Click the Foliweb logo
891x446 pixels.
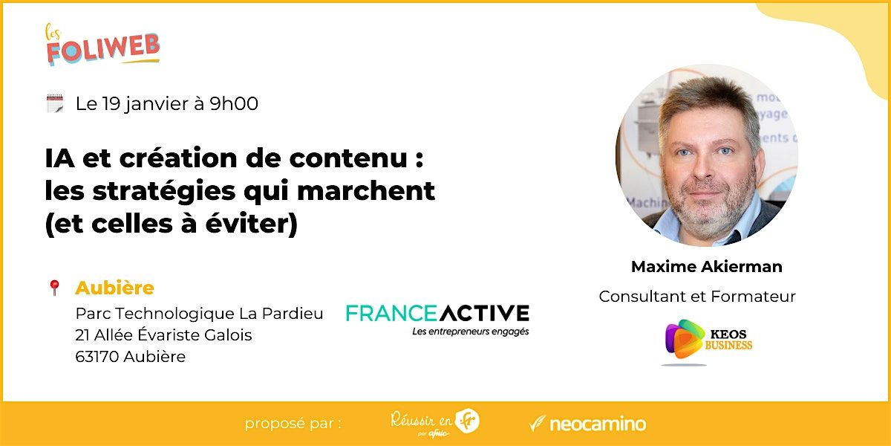point(102,45)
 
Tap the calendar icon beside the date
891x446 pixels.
point(54,104)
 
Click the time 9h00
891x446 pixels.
point(234,104)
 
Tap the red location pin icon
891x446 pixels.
point(53,288)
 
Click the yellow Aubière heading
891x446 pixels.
point(114,288)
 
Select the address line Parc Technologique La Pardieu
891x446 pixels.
point(199,314)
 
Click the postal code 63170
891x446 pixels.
point(97,357)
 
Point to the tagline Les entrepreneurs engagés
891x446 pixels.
point(471,332)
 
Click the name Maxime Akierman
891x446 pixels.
point(706,266)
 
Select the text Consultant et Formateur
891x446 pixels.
point(697,297)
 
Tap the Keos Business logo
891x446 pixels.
point(707,341)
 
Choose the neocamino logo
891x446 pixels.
point(587,424)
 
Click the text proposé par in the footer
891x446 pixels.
point(293,424)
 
